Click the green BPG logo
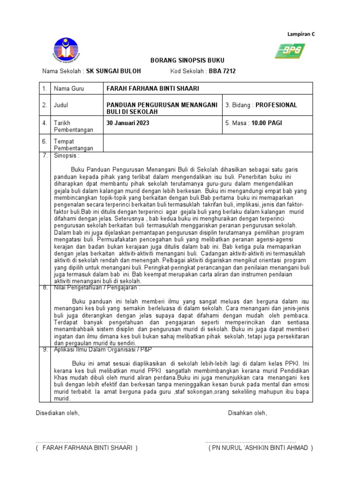(x=290, y=50)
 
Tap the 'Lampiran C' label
(x=301, y=34)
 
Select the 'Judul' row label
(x=61, y=105)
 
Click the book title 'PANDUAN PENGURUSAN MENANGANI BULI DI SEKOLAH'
(x=162, y=109)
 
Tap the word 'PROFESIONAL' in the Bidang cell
(x=276, y=105)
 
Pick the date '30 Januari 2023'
(x=128, y=123)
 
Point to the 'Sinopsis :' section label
(x=67, y=155)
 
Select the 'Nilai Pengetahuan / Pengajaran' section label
(x=97, y=288)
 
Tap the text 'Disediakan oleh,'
(x=58, y=413)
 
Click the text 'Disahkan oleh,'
(x=247, y=413)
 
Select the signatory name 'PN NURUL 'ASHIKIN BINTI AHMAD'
(x=261, y=448)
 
